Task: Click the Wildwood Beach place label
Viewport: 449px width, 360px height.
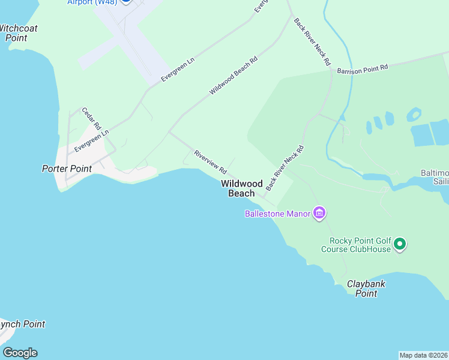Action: pyautogui.click(x=242, y=188)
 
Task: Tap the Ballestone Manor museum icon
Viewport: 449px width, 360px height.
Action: pyautogui.click(x=319, y=213)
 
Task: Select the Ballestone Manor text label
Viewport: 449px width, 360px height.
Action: pyautogui.click(x=277, y=214)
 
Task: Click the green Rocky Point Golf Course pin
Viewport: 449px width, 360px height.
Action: pyautogui.click(x=400, y=244)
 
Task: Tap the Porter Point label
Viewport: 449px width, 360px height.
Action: pyautogui.click(x=67, y=169)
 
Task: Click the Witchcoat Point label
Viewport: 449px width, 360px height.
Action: pyautogui.click(x=18, y=32)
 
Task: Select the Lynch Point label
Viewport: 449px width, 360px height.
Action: pyautogui.click(x=22, y=324)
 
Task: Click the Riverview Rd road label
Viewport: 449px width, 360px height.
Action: pyautogui.click(x=209, y=162)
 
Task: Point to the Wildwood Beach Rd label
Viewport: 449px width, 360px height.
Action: pyautogui.click(x=233, y=76)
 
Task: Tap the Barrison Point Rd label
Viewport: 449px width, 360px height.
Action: pyautogui.click(x=363, y=70)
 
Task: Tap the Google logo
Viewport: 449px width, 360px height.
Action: pyautogui.click(x=20, y=353)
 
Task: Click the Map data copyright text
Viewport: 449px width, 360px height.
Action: pyautogui.click(x=424, y=355)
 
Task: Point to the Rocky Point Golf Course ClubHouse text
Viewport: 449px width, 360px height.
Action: pyautogui.click(x=356, y=245)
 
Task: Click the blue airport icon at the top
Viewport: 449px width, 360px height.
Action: pyautogui.click(x=125, y=2)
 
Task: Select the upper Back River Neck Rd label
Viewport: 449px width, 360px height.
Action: pyautogui.click(x=312, y=41)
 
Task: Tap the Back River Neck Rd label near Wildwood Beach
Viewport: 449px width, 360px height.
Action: pyautogui.click(x=285, y=168)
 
